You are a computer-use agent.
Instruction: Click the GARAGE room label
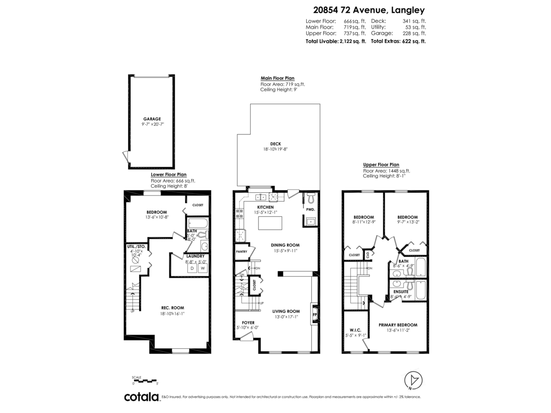coord(152,119)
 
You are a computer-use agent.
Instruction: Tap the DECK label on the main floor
coord(275,144)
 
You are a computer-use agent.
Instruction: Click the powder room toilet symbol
coord(310,198)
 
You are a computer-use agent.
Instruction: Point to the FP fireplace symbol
coord(315,316)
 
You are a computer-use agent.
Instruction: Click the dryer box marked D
coord(192,268)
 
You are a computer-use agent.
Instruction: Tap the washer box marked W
coord(203,268)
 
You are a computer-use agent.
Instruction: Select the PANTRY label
coord(242,251)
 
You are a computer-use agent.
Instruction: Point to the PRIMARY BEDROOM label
coord(398,325)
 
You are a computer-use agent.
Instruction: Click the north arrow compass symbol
coord(415,380)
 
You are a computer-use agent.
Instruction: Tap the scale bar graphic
coord(145,380)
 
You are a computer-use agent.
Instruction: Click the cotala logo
coord(141,397)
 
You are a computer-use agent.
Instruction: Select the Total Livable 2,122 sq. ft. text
coord(336,41)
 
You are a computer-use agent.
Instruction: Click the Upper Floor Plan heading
coord(381,165)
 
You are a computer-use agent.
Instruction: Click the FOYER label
coord(242,323)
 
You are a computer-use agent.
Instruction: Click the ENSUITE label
coord(401,291)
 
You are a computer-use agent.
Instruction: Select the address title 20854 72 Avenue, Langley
coord(369,10)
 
